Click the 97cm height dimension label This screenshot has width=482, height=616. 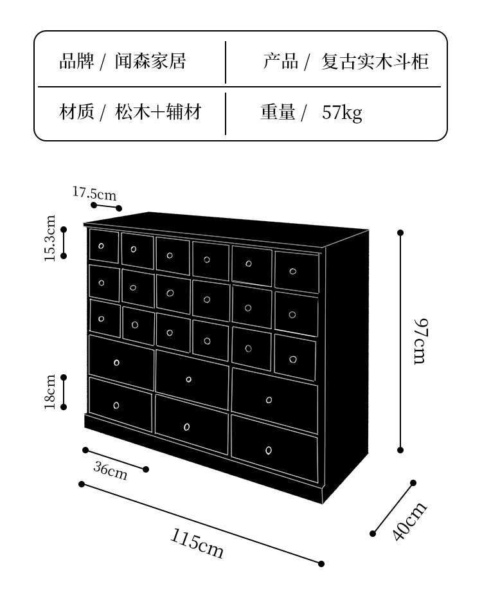[x=419, y=341]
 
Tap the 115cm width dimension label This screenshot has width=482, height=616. [x=197, y=543]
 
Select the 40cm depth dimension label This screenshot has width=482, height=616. [x=409, y=521]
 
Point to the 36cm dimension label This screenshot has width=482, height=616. [x=111, y=471]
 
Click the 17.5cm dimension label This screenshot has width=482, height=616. [x=94, y=193]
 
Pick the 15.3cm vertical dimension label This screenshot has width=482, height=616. [x=49, y=239]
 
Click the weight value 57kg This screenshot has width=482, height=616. [x=342, y=113]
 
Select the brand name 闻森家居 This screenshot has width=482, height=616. [x=150, y=61]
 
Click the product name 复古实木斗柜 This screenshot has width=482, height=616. [x=375, y=61]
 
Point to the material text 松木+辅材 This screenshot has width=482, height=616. [x=158, y=113]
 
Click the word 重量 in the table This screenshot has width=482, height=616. [x=278, y=113]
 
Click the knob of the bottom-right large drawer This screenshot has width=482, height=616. [x=269, y=450]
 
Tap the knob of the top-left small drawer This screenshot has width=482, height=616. [x=102, y=246]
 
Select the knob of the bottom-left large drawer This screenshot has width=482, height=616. [x=116, y=405]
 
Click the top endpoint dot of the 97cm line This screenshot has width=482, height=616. [x=400, y=233]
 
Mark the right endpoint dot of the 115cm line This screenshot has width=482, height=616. [x=321, y=564]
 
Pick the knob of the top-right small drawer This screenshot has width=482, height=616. [x=293, y=271]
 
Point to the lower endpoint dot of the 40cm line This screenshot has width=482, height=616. [x=373, y=533]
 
